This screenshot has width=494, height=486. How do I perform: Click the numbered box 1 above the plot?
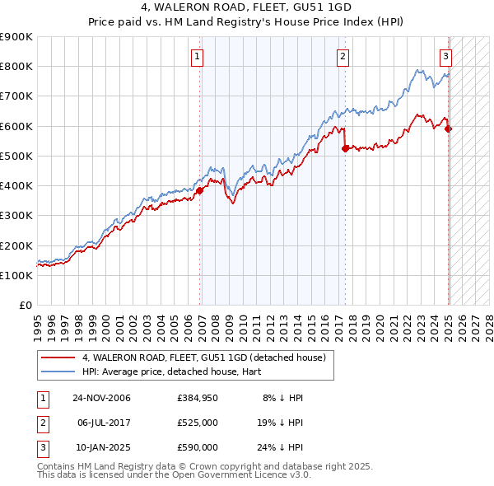tap(198, 57)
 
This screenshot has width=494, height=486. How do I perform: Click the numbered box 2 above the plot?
tap(343, 57)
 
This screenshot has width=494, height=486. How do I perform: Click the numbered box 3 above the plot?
tap(445, 57)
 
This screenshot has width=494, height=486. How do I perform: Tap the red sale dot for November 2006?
tap(199, 190)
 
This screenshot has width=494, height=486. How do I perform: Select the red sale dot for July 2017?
tap(345, 148)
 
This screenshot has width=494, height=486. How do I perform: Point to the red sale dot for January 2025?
tap(448, 129)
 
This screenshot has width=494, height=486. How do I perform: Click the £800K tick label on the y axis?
tap(16, 67)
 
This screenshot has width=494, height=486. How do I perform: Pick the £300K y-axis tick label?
tap(16, 216)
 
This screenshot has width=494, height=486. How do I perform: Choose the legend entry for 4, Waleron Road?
tap(204, 357)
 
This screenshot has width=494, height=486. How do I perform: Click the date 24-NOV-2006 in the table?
tap(101, 398)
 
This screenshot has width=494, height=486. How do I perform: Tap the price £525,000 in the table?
tap(198, 423)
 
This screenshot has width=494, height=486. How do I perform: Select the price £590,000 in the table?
tap(198, 447)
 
